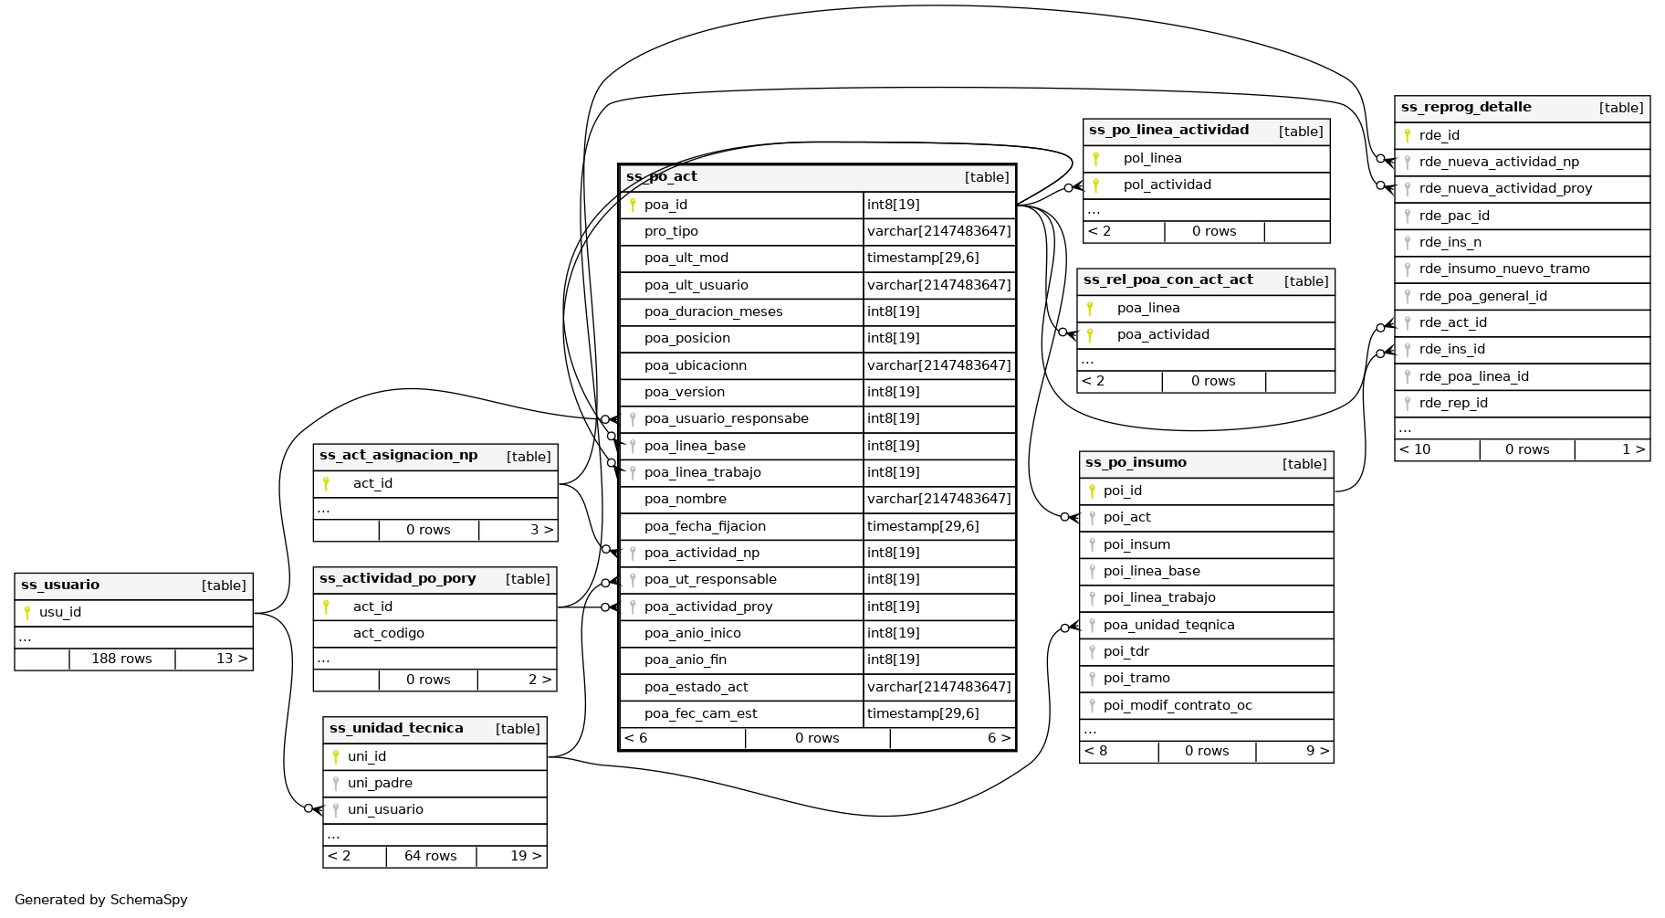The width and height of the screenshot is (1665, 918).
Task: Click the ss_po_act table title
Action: [x=662, y=177]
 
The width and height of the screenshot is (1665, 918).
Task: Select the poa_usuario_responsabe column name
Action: [x=726, y=419]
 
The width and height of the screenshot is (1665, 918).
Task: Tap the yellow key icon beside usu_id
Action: [x=27, y=613]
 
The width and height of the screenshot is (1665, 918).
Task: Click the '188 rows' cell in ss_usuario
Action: [x=121, y=659]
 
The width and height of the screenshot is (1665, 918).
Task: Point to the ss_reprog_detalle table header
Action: [x=1466, y=108]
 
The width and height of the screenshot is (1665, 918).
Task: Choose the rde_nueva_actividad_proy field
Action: [x=1505, y=189]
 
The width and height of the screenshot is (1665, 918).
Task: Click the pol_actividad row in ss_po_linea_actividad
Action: [x=1167, y=185]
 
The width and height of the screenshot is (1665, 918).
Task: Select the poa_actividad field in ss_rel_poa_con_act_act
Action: [x=1162, y=335]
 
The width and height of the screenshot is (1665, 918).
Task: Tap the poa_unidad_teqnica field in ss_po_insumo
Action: [x=1168, y=626]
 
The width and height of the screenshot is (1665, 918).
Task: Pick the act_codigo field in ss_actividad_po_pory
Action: [x=388, y=634]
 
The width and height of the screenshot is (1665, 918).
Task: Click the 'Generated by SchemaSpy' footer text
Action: [x=101, y=900]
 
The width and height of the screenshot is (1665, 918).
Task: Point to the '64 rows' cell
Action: [x=430, y=857]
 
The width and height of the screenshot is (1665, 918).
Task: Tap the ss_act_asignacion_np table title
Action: [x=398, y=456]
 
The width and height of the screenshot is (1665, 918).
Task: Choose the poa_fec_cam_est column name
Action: [x=700, y=714]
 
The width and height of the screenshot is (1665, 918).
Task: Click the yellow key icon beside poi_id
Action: [x=1092, y=491]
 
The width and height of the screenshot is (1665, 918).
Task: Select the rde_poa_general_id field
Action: [x=1482, y=297]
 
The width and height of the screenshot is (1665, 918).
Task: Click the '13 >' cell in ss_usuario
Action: [x=232, y=659]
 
